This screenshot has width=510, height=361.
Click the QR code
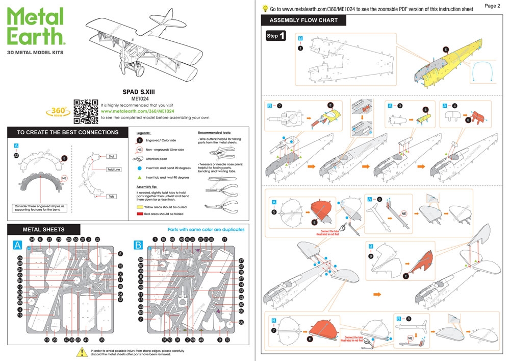coord(86,110)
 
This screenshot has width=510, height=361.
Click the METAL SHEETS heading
coord(44,230)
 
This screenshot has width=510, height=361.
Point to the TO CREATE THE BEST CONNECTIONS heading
coord(67,132)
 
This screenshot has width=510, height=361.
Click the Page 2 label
coord(492,6)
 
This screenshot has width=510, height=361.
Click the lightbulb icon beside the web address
coord(265,9)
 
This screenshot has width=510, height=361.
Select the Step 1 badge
coord(276,36)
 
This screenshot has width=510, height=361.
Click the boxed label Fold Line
coord(113,170)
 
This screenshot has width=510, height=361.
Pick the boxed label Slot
coord(112,156)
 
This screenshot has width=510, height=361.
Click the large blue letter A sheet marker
coord(17,246)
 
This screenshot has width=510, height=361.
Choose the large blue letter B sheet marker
coord(138,246)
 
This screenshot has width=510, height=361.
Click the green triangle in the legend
coord(139,177)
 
